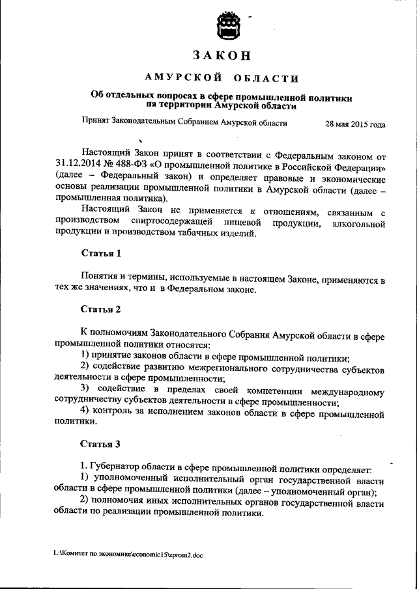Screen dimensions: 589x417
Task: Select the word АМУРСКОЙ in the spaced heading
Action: tap(178, 79)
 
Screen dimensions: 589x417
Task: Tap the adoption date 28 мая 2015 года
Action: tap(354, 123)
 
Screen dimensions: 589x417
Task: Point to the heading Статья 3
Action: tap(100, 445)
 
